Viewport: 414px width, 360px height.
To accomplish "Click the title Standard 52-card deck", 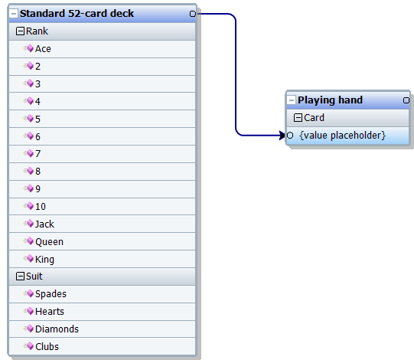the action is tap(77, 14).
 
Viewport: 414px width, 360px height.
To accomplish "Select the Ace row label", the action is tap(43, 49).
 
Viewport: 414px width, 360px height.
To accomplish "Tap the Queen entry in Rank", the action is tap(50, 242).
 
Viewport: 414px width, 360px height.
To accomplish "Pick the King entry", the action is tap(44, 260).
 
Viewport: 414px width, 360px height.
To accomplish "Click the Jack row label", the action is tap(44, 224).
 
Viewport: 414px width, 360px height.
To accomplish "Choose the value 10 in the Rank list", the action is tap(41, 207).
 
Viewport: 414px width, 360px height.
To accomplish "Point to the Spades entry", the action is tap(51, 294).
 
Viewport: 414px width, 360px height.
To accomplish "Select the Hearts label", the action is tap(50, 312).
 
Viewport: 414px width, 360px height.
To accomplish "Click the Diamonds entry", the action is tap(57, 329).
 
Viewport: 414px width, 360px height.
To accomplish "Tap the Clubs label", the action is tap(47, 347).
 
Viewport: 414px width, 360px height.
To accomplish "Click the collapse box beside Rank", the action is tap(20, 31).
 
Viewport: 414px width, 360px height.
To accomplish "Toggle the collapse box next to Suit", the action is tap(20, 277).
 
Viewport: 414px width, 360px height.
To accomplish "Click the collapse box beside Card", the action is tap(298, 118).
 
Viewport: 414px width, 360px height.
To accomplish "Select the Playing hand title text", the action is tap(330, 100).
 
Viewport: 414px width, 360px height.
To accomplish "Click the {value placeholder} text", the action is tap(342, 136).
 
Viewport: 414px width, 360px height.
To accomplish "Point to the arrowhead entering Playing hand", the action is tap(282, 136).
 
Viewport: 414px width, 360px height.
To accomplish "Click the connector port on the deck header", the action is tap(193, 14).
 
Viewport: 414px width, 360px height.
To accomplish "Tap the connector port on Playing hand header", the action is tap(406, 100).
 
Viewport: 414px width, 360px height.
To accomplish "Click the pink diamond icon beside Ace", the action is tap(30, 48).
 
